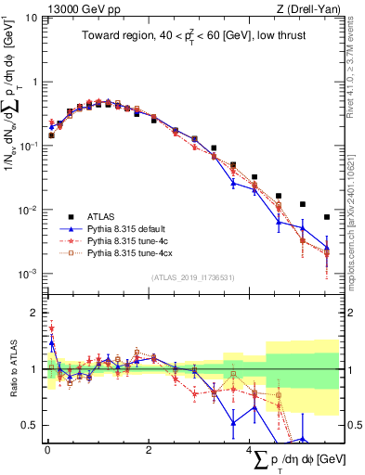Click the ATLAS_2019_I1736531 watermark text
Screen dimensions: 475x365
click(x=193, y=276)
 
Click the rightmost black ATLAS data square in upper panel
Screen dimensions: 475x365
click(x=326, y=217)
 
